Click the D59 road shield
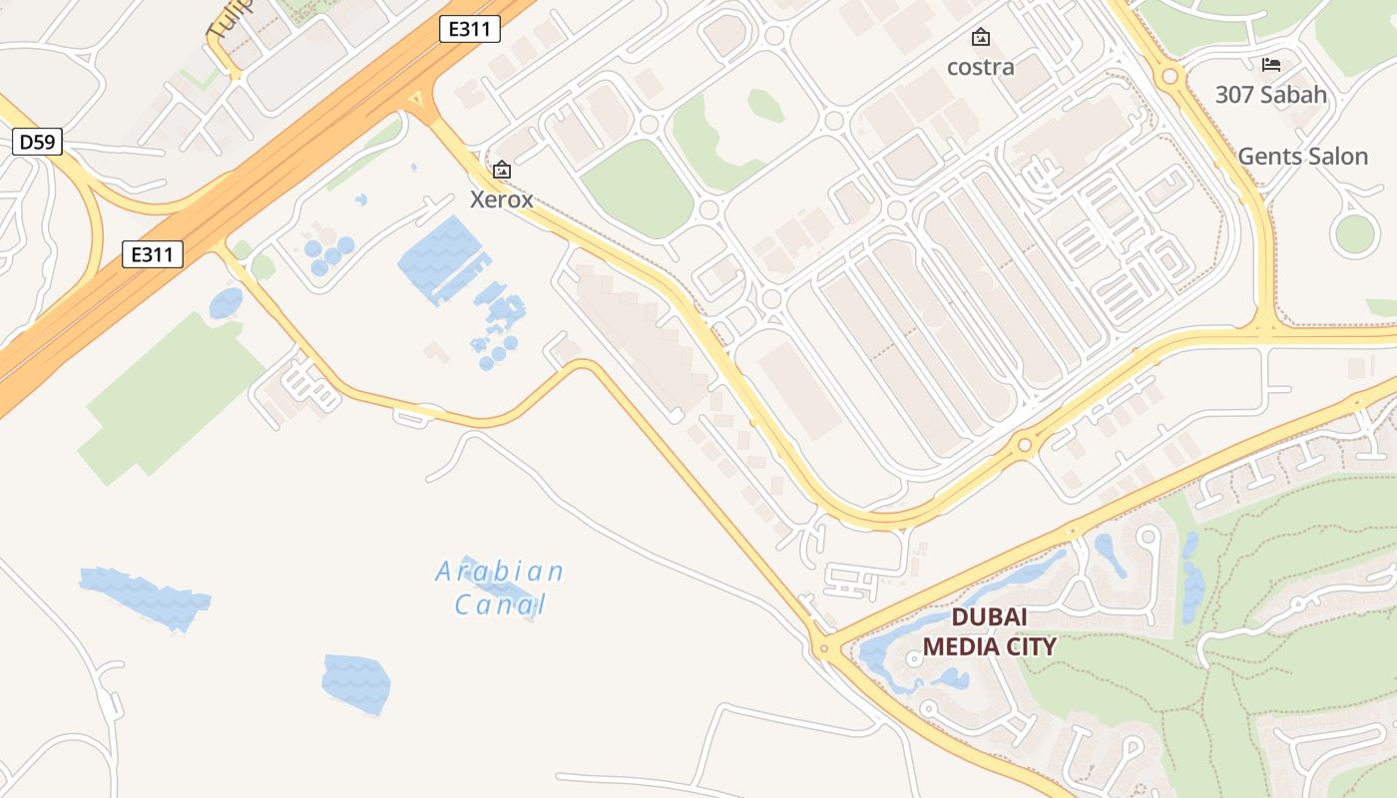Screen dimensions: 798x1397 (x=38, y=143)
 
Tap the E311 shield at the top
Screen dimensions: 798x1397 (x=469, y=29)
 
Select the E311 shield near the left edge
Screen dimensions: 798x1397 (x=153, y=254)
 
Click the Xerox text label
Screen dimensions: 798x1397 (x=502, y=199)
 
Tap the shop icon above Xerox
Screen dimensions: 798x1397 (x=502, y=171)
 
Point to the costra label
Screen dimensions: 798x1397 (x=981, y=67)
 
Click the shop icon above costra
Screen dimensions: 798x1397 (x=981, y=38)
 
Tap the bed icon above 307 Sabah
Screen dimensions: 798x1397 (x=1270, y=65)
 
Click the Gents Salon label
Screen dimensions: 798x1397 (x=1302, y=157)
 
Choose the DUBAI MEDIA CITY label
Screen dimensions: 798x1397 (x=989, y=632)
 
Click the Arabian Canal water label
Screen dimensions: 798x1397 (x=500, y=588)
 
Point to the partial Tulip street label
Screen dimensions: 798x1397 (x=228, y=20)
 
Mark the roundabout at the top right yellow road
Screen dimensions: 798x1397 (x=1169, y=76)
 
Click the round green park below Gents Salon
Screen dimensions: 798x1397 (x=1354, y=233)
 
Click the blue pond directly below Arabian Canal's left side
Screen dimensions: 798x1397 (x=355, y=683)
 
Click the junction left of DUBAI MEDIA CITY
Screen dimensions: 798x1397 (x=822, y=648)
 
